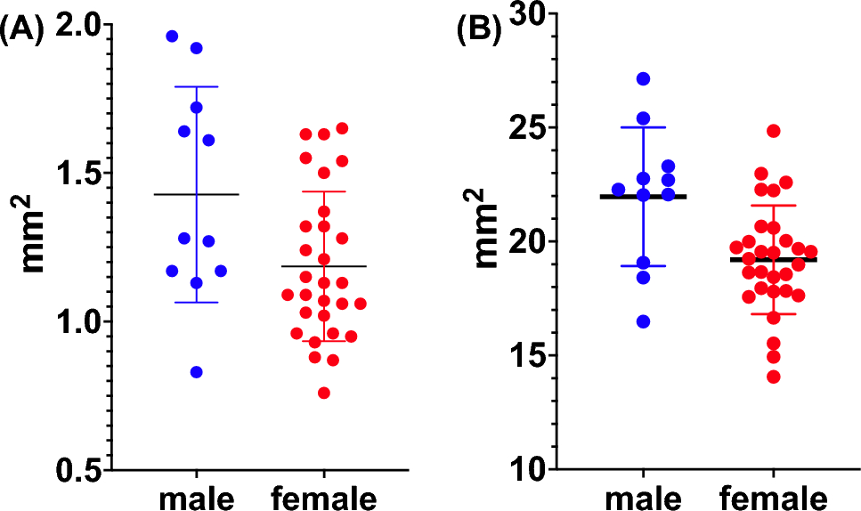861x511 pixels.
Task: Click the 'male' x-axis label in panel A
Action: [x=197, y=495]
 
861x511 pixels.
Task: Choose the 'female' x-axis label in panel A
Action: [x=324, y=495]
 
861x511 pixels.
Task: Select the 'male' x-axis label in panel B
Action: [x=643, y=495]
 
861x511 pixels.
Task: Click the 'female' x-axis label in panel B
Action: [x=773, y=495]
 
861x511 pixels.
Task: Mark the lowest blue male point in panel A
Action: [x=197, y=372]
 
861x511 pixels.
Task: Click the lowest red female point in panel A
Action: [x=324, y=393]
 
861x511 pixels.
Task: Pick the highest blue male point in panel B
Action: [x=643, y=79]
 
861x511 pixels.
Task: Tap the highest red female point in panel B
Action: [x=773, y=131]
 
